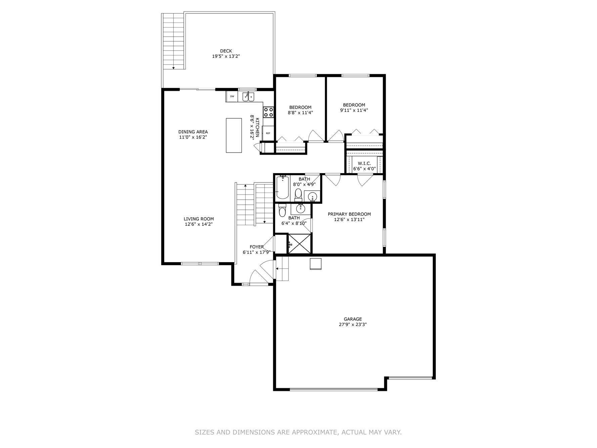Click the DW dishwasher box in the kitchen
(232, 96)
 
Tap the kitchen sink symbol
(249, 97)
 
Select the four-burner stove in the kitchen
(268, 112)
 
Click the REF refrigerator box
(268, 133)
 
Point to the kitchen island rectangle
(234, 135)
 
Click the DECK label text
(226, 51)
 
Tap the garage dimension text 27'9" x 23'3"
(352, 325)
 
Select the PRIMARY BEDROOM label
(349, 214)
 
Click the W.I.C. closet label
(364, 163)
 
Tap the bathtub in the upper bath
(282, 188)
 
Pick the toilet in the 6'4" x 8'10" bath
(282, 211)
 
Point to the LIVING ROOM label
(199, 219)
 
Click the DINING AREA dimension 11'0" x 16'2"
(193, 137)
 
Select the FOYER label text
(257, 247)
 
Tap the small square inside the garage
(315, 264)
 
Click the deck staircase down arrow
(173, 68)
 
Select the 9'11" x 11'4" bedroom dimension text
(354, 110)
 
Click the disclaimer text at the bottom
(298, 432)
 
